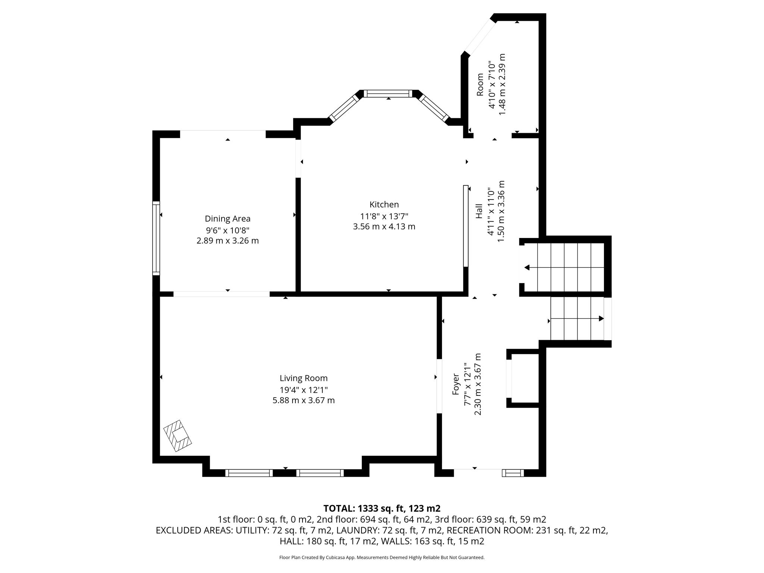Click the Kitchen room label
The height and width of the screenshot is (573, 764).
384,204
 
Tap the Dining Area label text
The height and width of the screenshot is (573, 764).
228,219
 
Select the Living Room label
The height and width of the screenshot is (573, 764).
303,378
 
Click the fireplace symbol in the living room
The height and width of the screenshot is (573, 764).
178,436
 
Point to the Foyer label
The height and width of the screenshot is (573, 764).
455,384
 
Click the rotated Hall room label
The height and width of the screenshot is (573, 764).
479,211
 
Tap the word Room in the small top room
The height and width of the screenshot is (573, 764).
480,84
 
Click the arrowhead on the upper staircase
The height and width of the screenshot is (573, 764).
527,267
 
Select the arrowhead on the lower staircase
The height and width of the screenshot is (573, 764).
601,319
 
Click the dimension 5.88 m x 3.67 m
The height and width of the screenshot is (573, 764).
303,401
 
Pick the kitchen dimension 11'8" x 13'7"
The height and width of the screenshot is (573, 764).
384,216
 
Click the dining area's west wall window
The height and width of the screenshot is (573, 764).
156,238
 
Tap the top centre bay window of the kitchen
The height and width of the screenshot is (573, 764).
388,94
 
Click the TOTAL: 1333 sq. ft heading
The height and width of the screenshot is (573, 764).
382,508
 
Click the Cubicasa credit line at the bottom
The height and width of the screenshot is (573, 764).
382,558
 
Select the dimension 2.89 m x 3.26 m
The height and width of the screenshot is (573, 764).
228,241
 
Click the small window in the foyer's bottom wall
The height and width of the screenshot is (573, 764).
513,473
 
